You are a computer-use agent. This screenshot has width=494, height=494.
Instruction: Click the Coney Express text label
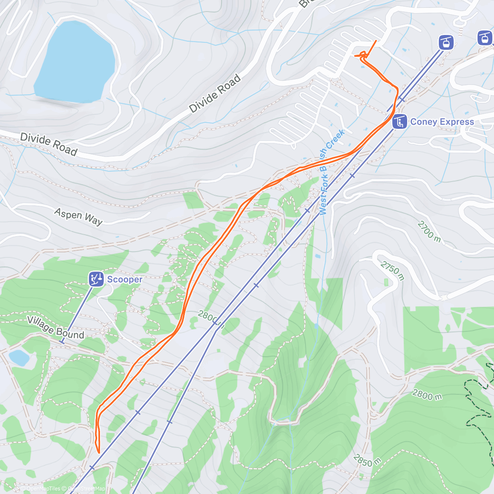442,122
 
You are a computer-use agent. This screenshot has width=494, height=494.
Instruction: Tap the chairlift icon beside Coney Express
399,122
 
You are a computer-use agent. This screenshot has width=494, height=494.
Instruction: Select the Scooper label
124,280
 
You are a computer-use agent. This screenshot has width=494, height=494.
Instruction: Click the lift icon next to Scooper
96,279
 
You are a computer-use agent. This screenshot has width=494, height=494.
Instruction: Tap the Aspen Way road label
78,217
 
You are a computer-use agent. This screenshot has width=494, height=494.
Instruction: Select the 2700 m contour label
429,232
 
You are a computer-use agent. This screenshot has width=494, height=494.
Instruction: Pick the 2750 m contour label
392,270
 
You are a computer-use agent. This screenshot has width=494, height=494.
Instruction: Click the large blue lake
74,62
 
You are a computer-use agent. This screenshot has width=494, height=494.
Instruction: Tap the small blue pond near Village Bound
19,358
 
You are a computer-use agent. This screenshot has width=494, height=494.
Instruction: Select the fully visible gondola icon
446,42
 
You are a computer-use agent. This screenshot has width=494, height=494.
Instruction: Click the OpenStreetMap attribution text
86,489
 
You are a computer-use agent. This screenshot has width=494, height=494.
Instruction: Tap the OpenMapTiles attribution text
43,489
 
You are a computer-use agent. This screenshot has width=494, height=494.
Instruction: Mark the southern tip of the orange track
98,452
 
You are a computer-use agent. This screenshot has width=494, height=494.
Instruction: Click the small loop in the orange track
363,54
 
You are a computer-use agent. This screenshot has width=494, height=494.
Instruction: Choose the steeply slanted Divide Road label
215,93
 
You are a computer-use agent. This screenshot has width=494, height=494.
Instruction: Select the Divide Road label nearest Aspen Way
49,144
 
